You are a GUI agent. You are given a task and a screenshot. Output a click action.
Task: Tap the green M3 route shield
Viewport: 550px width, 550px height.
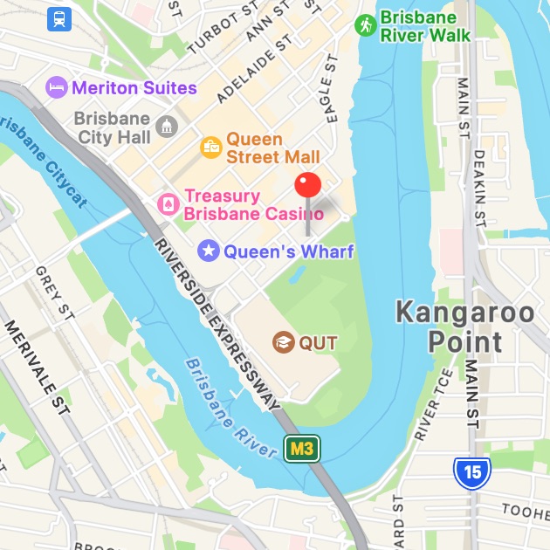coord(302,449)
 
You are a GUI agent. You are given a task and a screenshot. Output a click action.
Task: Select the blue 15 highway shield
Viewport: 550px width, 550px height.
coord(471,472)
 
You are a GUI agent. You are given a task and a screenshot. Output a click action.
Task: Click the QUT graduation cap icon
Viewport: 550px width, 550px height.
coord(283,341)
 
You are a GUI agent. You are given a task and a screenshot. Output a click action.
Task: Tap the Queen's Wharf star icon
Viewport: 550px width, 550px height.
coord(209,251)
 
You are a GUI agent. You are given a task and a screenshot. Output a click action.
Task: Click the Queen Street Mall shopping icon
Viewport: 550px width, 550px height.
coord(210,148)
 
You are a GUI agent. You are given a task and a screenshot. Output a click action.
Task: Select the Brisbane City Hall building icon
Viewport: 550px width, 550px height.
coord(166,127)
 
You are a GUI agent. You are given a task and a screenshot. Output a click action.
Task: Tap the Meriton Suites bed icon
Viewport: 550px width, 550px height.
coord(56,87)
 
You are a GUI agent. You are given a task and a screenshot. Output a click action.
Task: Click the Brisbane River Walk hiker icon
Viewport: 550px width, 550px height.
coord(365,25)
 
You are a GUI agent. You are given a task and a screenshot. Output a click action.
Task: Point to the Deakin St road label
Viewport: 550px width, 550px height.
coord(478,188)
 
